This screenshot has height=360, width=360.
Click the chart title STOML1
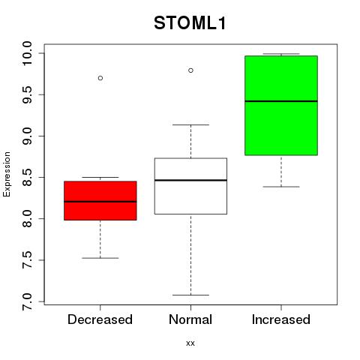point(190,23)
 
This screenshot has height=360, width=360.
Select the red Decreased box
point(100,200)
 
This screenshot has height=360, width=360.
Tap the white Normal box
point(190,186)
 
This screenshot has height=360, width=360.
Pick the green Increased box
point(281,106)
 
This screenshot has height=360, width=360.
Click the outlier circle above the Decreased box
point(100,78)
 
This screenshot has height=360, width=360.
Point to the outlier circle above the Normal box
point(190,70)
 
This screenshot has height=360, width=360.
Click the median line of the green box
point(281,101)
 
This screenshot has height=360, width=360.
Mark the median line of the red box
point(100,202)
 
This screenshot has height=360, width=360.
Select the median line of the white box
point(190,180)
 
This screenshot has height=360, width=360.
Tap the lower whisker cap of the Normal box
point(190,295)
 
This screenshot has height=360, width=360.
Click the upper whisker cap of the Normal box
point(190,124)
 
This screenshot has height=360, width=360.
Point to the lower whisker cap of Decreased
point(100,258)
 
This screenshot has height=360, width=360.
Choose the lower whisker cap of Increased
point(281,187)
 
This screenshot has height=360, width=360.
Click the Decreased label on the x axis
point(100,319)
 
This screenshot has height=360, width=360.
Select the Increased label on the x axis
point(281,319)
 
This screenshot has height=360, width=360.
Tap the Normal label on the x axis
point(190,319)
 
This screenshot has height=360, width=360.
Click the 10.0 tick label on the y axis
point(26,53)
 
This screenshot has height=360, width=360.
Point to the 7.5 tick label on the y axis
point(26,260)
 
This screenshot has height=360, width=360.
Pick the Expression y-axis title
point(7,174)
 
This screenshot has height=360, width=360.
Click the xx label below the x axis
point(190,343)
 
